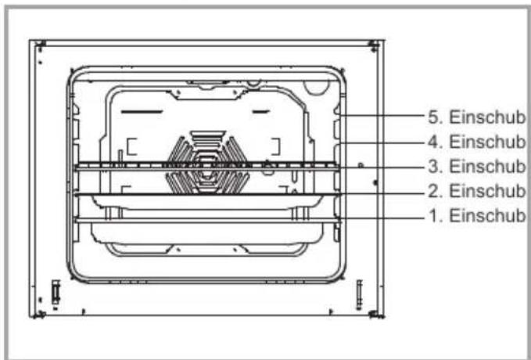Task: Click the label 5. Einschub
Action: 477,117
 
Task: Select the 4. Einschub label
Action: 477,142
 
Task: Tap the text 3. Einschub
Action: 477,167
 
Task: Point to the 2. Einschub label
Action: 477,191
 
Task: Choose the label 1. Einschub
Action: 477,215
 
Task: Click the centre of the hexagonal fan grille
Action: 207,163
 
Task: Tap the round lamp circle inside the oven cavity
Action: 317,86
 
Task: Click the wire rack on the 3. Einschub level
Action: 207,166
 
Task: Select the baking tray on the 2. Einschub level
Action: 207,200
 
